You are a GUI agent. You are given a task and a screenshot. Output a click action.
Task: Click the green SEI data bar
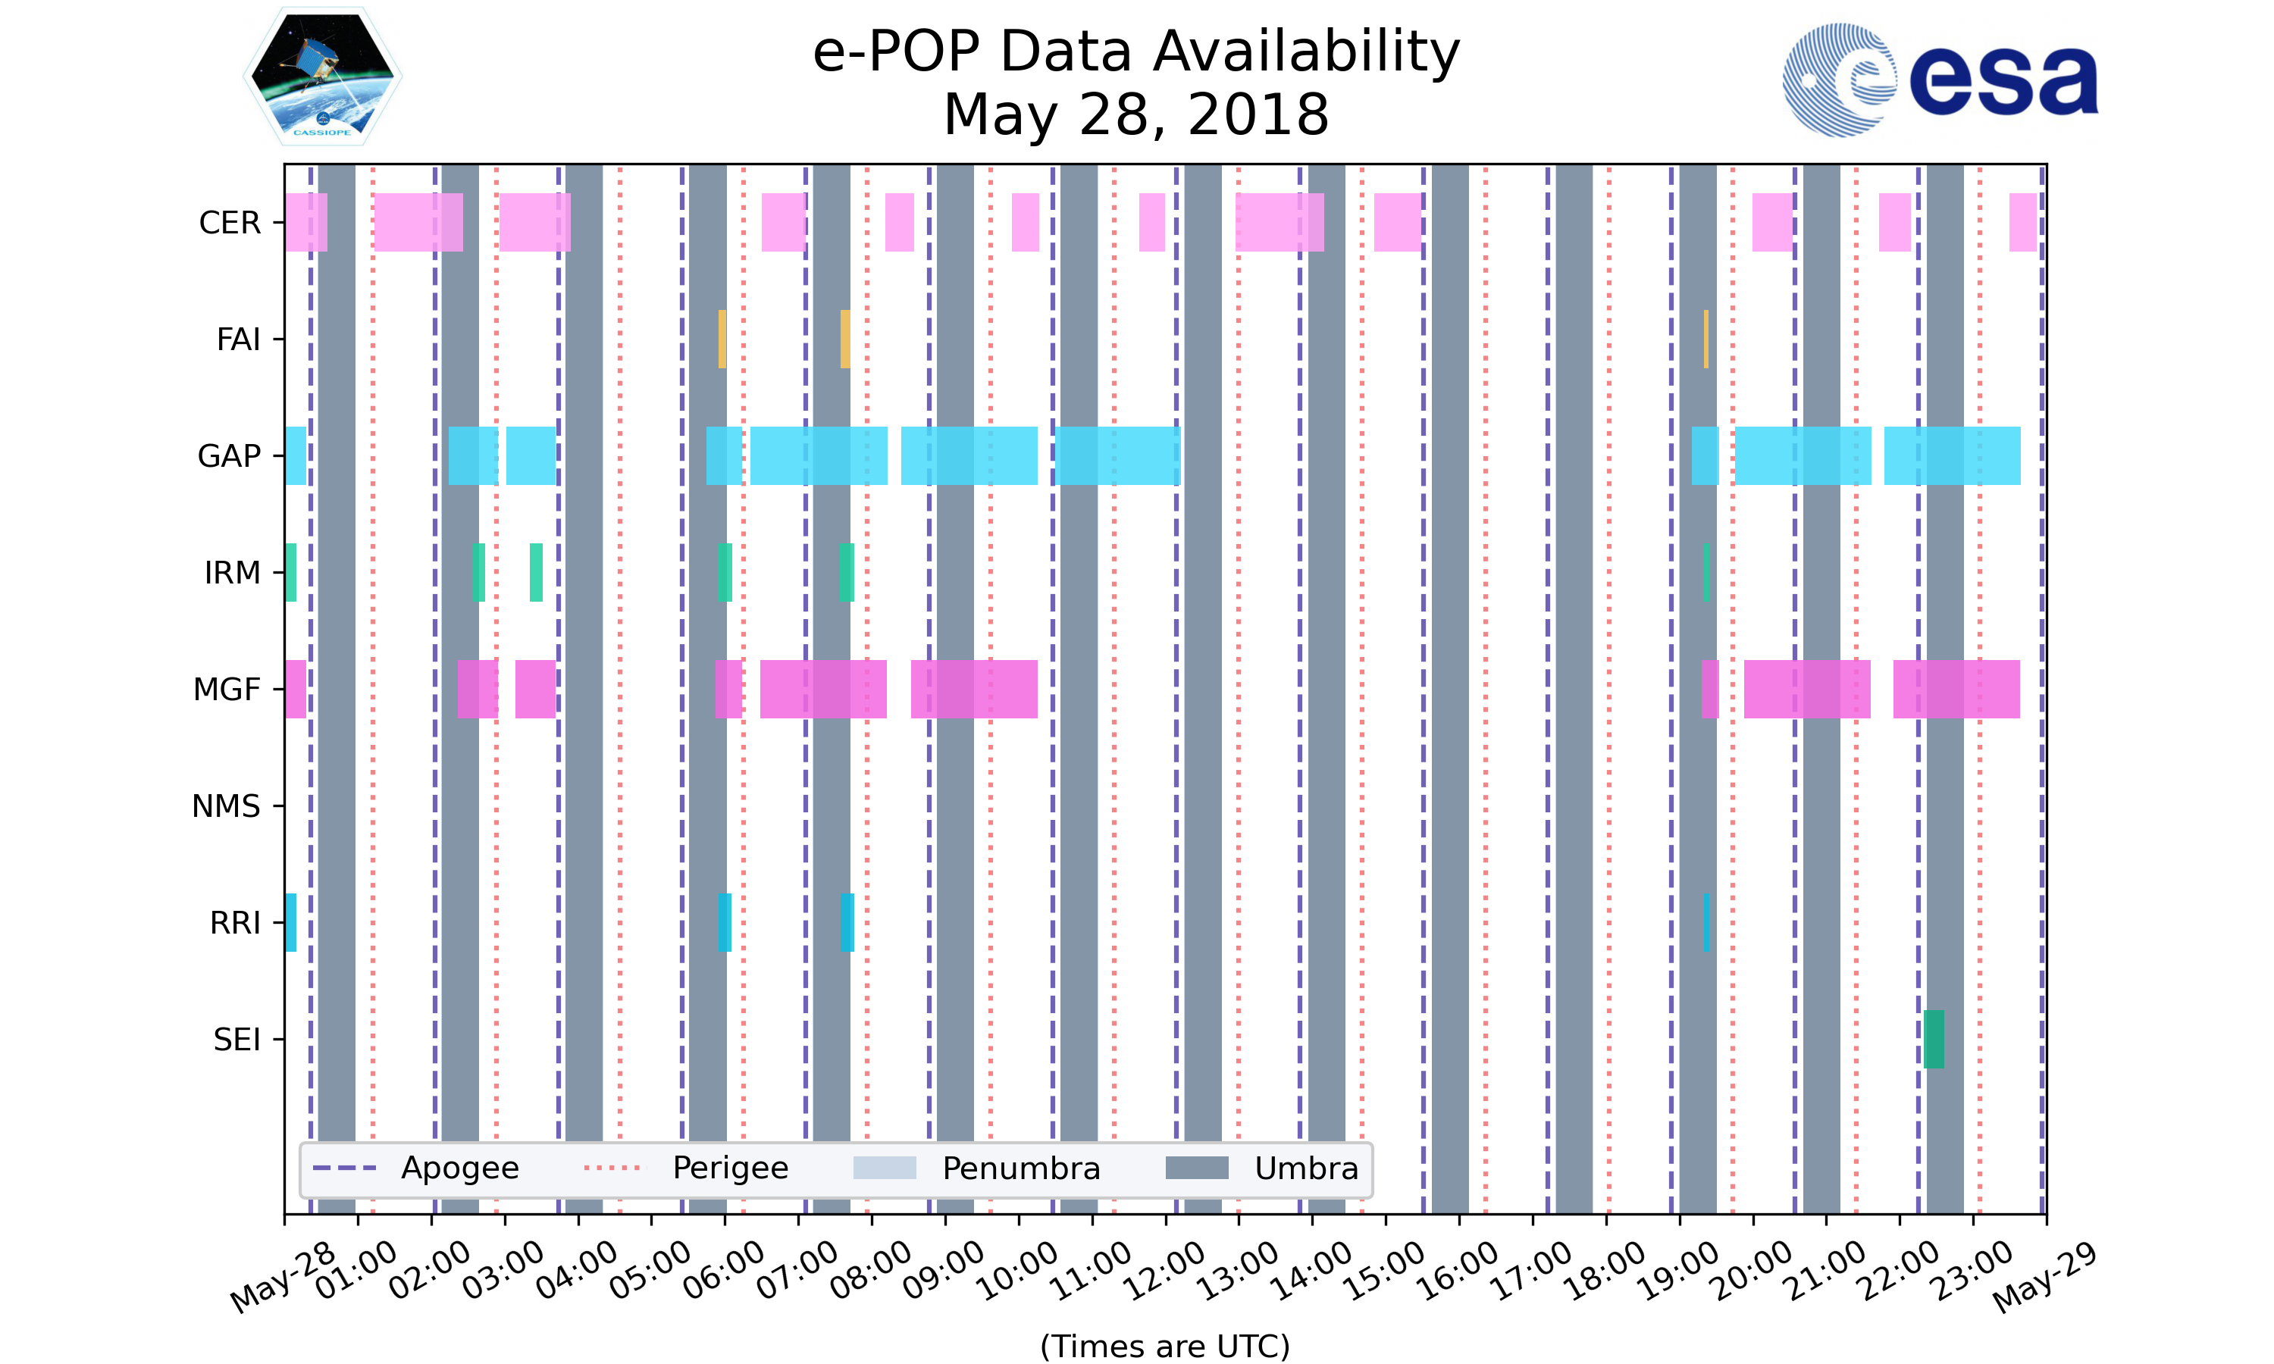coord(1933,1039)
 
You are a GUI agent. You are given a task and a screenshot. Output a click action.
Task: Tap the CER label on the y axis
coord(230,223)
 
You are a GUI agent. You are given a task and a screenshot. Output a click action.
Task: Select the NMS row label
coord(226,806)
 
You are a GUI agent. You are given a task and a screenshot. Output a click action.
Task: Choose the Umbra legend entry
coord(1261,1168)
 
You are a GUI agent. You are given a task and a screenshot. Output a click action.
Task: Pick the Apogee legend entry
coord(416,1168)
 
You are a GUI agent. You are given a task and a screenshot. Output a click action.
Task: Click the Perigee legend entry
coord(686,1168)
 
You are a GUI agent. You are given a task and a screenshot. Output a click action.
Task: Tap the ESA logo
coord(1940,80)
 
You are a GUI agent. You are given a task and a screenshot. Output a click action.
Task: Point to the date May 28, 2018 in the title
coord(1136,115)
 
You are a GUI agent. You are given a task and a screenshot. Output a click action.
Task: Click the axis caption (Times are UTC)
coord(1164,1346)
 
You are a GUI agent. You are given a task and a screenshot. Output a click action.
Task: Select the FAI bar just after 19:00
coord(1706,339)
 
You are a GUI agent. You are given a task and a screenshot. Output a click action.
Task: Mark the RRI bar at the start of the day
coord(290,922)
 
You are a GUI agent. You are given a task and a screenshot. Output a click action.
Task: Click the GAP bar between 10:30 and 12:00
coord(1117,456)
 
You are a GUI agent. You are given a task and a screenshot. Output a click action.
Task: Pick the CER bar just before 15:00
coord(1397,223)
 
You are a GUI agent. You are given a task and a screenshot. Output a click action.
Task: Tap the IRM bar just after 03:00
coord(536,573)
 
